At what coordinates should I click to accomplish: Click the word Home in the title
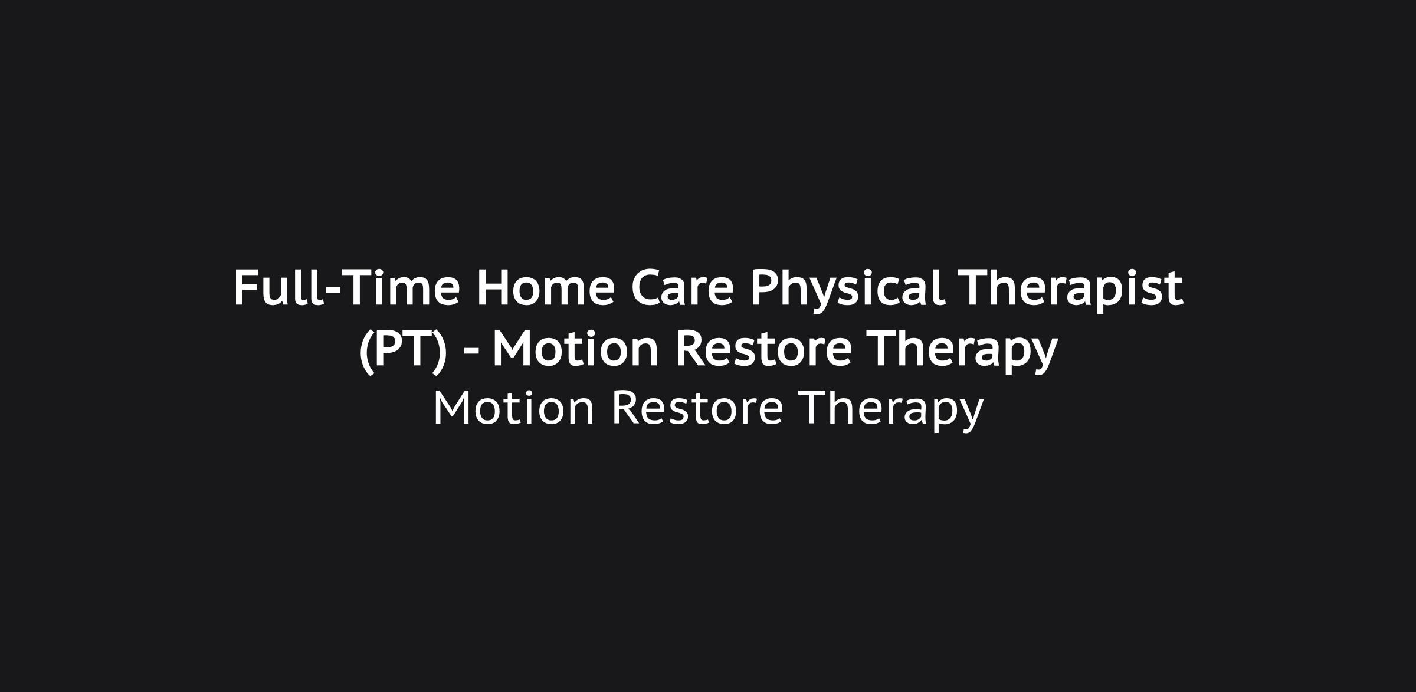(x=546, y=288)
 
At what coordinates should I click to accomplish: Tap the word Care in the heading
(x=682, y=288)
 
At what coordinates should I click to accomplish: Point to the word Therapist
(x=1071, y=289)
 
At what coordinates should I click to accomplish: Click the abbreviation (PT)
(x=403, y=349)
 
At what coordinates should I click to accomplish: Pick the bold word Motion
(x=575, y=348)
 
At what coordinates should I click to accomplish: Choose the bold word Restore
(x=763, y=348)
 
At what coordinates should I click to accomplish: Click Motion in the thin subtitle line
(x=514, y=408)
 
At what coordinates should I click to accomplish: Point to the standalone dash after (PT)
(x=471, y=352)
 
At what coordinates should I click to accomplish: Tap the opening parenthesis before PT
(x=366, y=352)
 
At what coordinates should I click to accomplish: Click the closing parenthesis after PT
(x=440, y=352)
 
